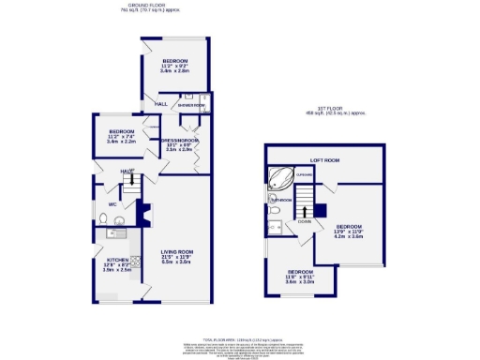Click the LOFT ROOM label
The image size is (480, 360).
[323, 160]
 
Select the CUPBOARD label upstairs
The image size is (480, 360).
[304, 174]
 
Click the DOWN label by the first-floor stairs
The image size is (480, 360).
[304, 222]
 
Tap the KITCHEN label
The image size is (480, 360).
[116, 259]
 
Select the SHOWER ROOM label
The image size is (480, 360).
[192, 105]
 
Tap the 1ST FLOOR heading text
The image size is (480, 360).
[333, 109]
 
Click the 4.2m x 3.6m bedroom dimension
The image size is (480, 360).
[349, 237]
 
